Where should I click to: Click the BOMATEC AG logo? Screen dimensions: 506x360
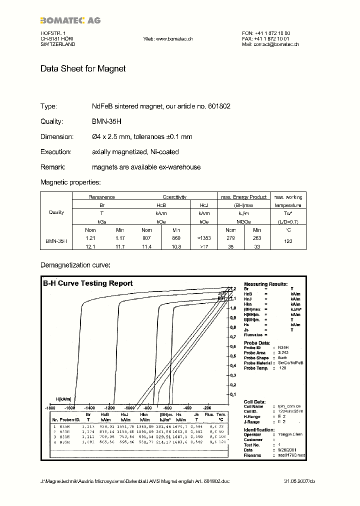tap(70, 20)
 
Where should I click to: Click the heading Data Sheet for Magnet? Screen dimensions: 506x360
tap(83, 68)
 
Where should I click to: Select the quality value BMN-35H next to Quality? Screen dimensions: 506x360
tap(106, 121)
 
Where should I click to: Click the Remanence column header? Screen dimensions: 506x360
tap(101, 197)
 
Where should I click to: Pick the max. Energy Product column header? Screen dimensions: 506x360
tap(243, 197)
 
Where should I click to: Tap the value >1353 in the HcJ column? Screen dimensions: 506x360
tap(203, 238)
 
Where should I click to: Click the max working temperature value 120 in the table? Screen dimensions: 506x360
tap(287, 241)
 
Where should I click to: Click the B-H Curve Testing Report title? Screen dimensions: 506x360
tap(88, 283)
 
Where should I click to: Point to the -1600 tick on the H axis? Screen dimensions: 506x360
tap(48, 407)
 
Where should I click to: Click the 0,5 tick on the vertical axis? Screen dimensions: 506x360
tap(232, 356)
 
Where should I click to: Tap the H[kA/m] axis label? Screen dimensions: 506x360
tap(64, 399)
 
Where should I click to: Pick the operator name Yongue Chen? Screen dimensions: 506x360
tap(288, 434)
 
